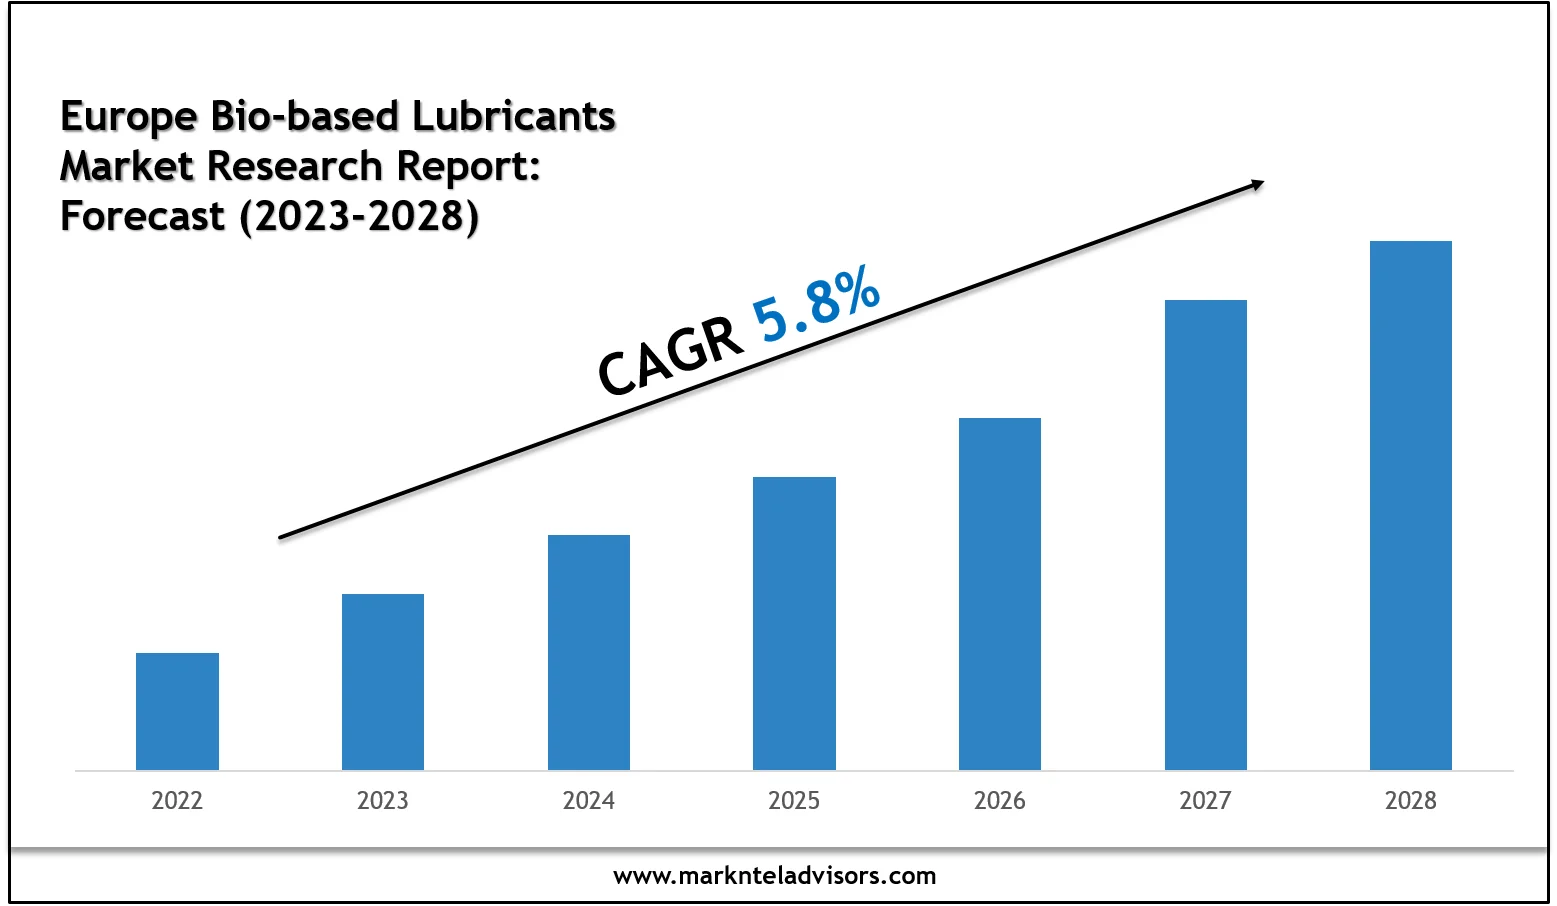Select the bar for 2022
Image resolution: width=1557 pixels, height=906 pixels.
[177, 711]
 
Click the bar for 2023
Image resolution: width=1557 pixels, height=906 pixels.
[383, 682]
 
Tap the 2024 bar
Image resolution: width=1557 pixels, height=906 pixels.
[589, 652]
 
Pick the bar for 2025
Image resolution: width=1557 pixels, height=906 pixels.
[794, 623]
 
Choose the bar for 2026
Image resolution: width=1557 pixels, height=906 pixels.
[1000, 593]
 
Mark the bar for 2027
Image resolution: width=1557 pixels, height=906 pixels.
[1206, 534]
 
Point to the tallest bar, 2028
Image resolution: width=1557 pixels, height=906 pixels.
[1411, 505]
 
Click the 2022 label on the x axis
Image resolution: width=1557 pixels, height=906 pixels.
[177, 800]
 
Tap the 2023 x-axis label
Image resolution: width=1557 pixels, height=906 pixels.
[383, 800]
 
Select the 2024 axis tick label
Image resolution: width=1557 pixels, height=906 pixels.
[589, 800]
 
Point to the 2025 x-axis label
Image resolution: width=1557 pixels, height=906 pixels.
[794, 800]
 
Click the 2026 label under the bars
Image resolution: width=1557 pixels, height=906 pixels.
[1000, 800]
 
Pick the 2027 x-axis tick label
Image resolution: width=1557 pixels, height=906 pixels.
[1205, 800]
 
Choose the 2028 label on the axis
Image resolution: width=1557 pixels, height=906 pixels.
[1411, 800]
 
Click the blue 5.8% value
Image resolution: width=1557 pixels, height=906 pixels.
[816, 305]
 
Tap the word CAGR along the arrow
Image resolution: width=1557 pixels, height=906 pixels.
[670, 357]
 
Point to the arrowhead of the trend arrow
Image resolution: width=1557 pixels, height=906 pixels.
[1258, 184]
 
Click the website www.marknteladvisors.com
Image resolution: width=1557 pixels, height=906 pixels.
[775, 876]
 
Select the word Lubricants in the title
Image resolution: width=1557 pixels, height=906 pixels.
[514, 117]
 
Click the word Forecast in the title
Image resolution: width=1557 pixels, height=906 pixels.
[142, 215]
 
